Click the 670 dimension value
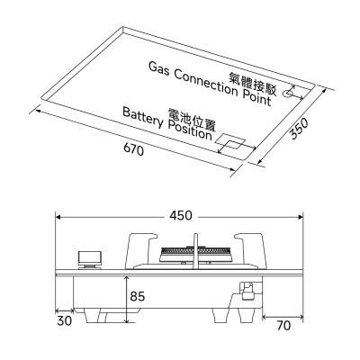[x=133, y=149]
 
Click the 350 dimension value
[x=300, y=129]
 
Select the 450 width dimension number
[x=181, y=216]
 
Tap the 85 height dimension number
[x=138, y=296]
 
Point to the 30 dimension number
[x=65, y=321]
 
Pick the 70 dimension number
[x=283, y=326]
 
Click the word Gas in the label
[x=159, y=70]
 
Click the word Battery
[x=143, y=118]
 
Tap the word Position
[x=190, y=130]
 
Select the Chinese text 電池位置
[x=192, y=118]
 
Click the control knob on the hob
[x=90, y=260]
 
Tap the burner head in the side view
[x=195, y=255]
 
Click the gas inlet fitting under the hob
[x=247, y=291]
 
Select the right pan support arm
[x=251, y=250]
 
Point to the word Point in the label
[x=256, y=96]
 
